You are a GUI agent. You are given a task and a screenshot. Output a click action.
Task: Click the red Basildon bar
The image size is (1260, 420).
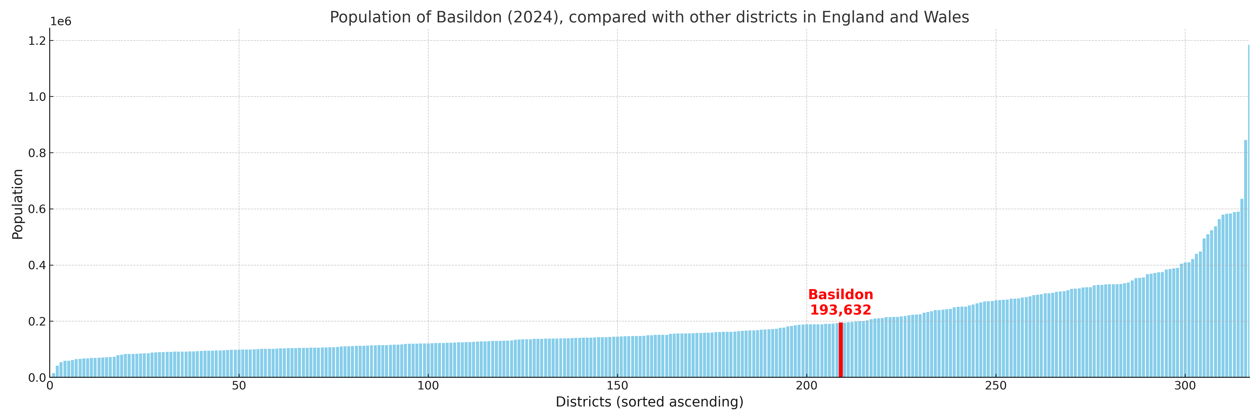tap(840, 350)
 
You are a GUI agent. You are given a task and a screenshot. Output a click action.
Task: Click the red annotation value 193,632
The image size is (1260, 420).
tap(840, 310)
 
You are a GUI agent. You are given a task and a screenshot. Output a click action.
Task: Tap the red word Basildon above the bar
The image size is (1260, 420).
tap(840, 295)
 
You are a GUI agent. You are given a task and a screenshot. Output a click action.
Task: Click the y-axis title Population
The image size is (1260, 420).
tap(17, 204)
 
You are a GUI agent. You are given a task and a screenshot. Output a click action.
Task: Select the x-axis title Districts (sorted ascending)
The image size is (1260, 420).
tap(649, 402)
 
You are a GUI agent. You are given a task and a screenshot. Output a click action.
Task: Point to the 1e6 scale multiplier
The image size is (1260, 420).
tap(61, 21)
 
